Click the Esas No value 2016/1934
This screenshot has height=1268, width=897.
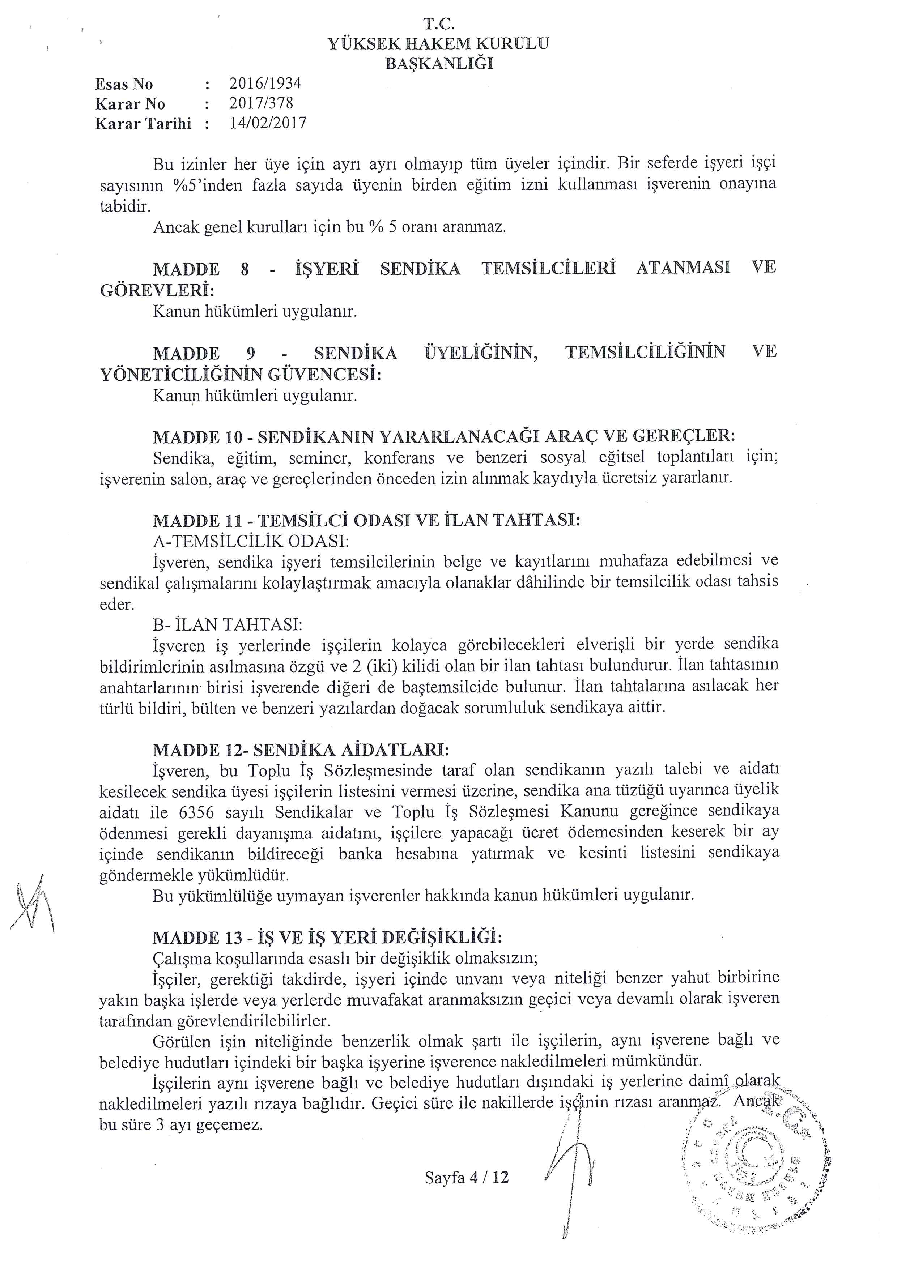tap(265, 84)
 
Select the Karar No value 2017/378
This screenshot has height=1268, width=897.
tap(261, 103)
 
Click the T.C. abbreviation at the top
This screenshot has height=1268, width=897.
tap(439, 24)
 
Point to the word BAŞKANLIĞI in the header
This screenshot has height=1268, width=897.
tap(439, 64)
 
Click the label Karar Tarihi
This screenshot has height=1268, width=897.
tap(143, 123)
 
